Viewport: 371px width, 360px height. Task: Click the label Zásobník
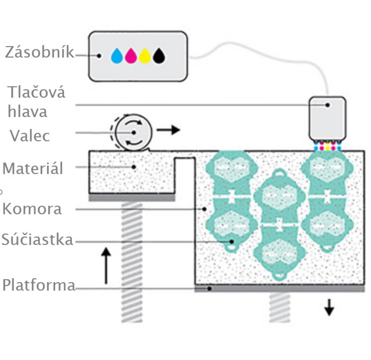[x=39, y=53]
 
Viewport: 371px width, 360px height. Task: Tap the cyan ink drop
[x=117, y=55]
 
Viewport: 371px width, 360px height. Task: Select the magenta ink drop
[x=131, y=55]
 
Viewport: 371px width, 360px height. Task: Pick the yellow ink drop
[x=145, y=55]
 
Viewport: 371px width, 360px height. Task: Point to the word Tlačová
[x=37, y=92]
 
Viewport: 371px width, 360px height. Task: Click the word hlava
[x=28, y=112]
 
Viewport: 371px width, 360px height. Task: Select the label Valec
[x=30, y=136]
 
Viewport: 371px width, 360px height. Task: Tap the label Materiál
[x=33, y=168]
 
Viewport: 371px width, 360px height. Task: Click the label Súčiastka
[x=37, y=240]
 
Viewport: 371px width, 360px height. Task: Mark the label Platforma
[x=38, y=285]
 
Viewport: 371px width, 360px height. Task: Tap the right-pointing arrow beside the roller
[x=169, y=130]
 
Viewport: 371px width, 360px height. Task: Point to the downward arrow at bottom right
[x=329, y=307]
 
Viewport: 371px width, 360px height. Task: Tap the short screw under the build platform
[x=279, y=307]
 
